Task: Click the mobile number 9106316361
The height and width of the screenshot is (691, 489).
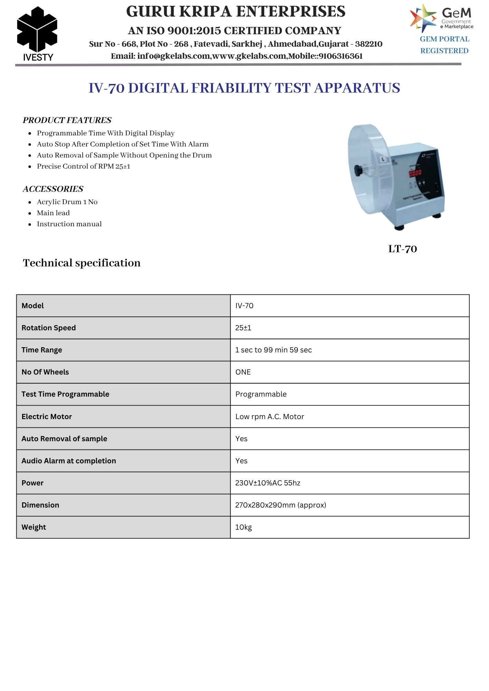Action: pos(341,56)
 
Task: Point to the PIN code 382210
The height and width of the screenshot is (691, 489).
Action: pos(369,44)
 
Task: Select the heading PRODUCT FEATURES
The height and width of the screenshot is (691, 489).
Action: pos(67,120)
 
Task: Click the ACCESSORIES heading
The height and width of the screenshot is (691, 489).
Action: pos(53,189)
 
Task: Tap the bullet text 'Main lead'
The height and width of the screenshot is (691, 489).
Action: pos(53,213)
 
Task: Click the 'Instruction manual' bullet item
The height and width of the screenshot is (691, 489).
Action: pos(69,224)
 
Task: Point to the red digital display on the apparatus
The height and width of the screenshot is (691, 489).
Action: pos(415,173)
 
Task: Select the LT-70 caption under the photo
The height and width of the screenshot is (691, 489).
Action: pos(403,249)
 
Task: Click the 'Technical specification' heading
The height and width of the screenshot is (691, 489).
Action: pos(82,263)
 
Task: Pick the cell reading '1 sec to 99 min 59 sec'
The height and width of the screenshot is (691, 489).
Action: pos(273,350)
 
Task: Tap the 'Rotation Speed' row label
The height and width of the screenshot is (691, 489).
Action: pos(48,328)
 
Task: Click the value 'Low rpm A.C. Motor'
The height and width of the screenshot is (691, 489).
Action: pos(269,417)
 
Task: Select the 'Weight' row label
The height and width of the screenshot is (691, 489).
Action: pos(34,527)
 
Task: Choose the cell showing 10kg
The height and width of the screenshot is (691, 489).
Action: pos(243,527)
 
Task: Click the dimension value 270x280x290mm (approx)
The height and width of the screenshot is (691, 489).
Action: pos(280,505)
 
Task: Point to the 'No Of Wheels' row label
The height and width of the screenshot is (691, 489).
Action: pos(45,372)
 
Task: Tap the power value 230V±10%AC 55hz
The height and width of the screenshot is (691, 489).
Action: pos(268,483)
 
